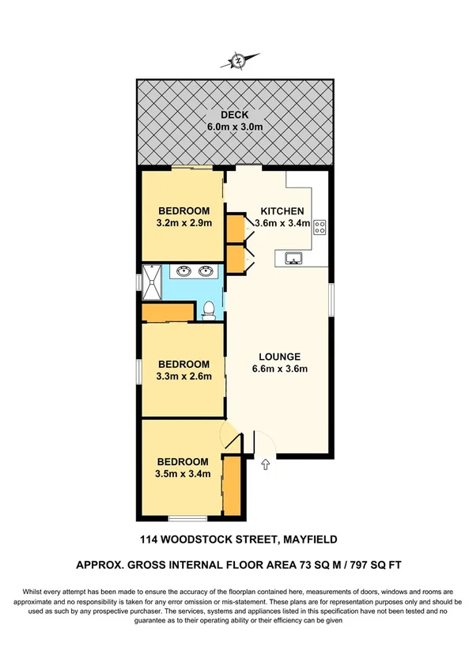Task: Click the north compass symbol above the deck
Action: [x=236, y=60]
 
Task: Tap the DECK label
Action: [x=236, y=114]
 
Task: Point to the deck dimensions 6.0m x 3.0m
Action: [x=236, y=127]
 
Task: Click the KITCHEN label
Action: [x=282, y=211]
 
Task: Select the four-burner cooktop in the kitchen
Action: [x=321, y=228]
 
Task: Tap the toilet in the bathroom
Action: [x=209, y=311]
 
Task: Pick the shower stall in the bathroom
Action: [x=153, y=282]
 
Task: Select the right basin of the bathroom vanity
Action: [x=206, y=272]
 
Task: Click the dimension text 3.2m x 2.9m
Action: [x=184, y=223]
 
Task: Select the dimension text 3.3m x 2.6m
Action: [x=184, y=377]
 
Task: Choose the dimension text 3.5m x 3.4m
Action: [x=183, y=475]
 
